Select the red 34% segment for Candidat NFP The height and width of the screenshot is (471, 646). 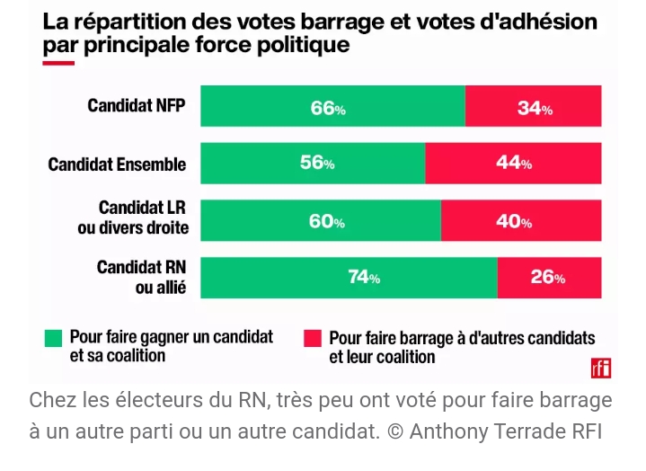click(534, 106)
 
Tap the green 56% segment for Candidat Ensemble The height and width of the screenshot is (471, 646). click(313, 164)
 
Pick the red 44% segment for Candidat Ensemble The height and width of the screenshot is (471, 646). click(513, 164)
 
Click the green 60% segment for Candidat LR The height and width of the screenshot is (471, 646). click(321, 220)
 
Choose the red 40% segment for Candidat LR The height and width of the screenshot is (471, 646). click(521, 220)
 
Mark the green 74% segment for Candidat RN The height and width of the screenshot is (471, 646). click(349, 277)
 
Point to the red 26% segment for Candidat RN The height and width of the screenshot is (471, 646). click(549, 277)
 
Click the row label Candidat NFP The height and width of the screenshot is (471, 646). click(137, 105)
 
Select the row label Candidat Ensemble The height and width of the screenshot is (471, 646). click(117, 164)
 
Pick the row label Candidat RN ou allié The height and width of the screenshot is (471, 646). click(141, 277)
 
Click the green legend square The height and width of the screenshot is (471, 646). click(54, 338)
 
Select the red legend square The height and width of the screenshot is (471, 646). click(312, 338)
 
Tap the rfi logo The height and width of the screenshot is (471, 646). click(601, 368)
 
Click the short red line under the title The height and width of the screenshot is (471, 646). click(58, 62)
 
